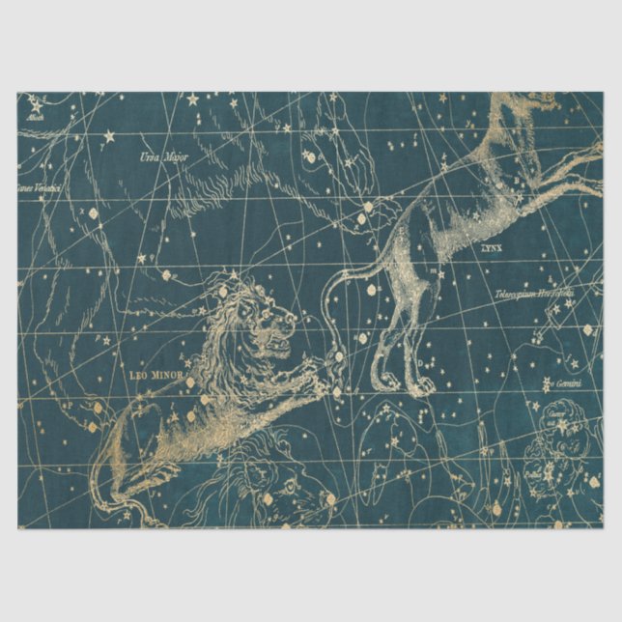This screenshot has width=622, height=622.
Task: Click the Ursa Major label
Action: pyautogui.click(x=163, y=155)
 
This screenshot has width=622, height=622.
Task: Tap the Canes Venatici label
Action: pyautogui.click(x=39, y=187)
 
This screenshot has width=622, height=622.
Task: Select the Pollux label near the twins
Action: pyautogui.click(x=534, y=473)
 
